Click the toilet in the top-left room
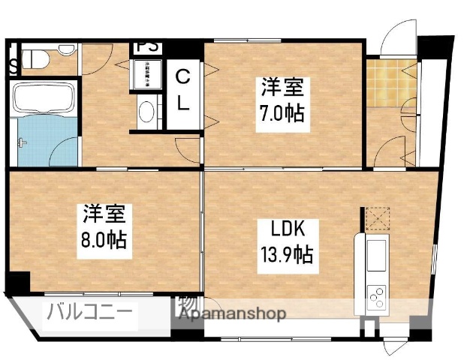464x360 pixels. pyautogui.click(x=36, y=58)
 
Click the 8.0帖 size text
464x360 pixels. pyautogui.click(x=104, y=241)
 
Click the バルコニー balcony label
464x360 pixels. pyautogui.click(x=91, y=311)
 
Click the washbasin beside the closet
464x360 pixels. pyautogui.click(x=146, y=112)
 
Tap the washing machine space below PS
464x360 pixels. pyautogui.click(x=147, y=73)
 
